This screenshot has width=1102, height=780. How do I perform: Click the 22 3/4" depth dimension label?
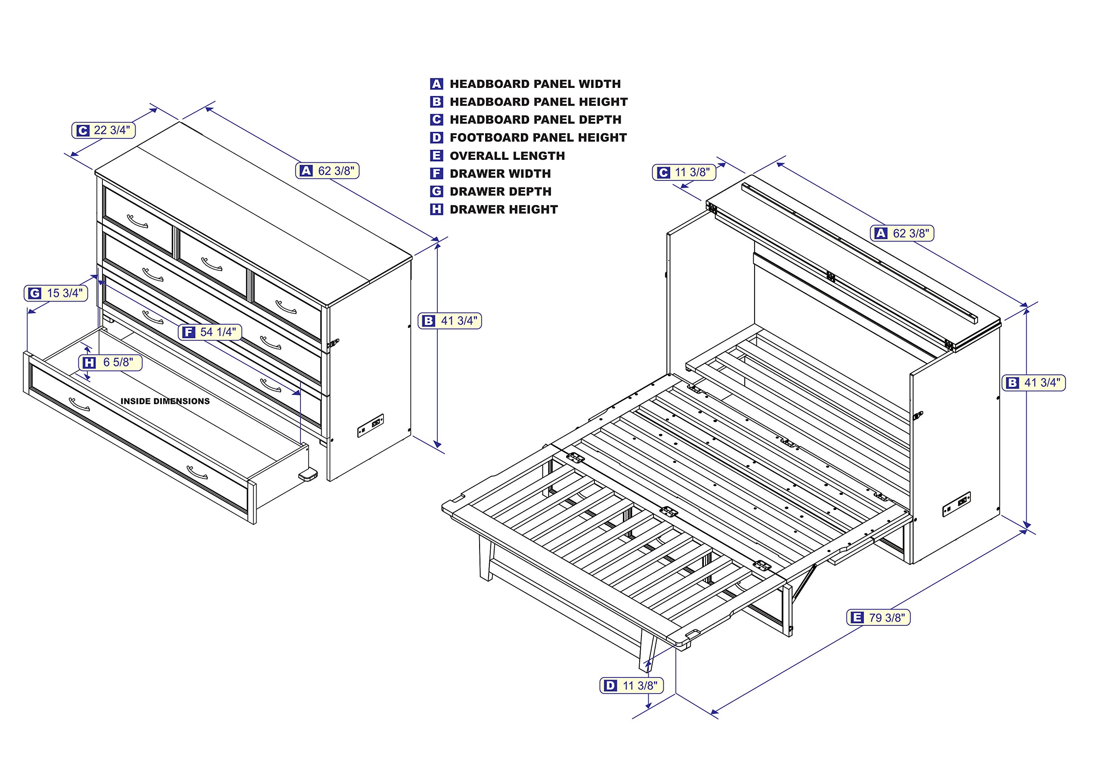click(104, 130)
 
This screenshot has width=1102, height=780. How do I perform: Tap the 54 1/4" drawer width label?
click(210, 332)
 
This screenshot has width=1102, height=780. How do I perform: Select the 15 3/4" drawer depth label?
click(56, 293)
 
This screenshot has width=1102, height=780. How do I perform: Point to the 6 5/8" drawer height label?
click(110, 362)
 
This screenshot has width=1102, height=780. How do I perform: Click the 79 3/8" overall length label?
click(878, 617)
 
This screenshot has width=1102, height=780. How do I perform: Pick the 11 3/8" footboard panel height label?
click(631, 685)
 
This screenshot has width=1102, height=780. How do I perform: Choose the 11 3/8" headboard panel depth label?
click(684, 172)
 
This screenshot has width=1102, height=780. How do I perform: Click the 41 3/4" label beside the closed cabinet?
click(450, 320)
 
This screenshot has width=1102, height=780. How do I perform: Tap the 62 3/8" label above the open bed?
click(902, 233)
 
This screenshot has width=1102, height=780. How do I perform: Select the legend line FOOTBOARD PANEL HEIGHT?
click(538, 138)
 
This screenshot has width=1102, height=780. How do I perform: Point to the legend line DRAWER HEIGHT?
click(504, 209)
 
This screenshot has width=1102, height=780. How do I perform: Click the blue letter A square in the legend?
click(436, 84)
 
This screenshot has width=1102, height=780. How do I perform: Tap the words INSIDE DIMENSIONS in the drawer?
click(165, 401)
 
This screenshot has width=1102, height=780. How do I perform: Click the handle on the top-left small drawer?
click(138, 221)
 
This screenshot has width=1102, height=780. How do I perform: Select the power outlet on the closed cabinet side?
click(371, 425)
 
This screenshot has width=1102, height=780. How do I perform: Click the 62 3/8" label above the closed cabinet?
click(327, 171)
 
